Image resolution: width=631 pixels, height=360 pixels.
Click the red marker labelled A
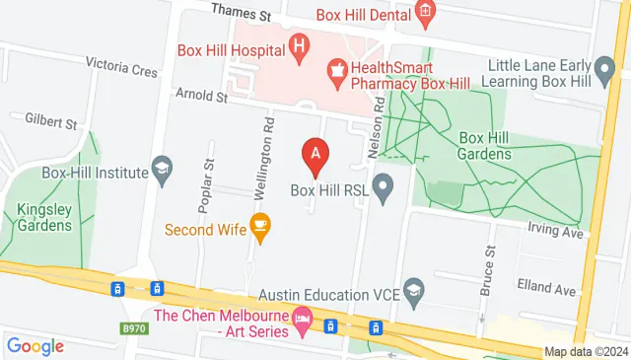tap(315, 155)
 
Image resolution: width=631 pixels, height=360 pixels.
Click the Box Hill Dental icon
tap(425, 12)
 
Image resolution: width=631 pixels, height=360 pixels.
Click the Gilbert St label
tap(52, 123)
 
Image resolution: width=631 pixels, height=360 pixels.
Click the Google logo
tap(35, 346)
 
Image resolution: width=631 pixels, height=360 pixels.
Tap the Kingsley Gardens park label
tap(44, 217)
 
